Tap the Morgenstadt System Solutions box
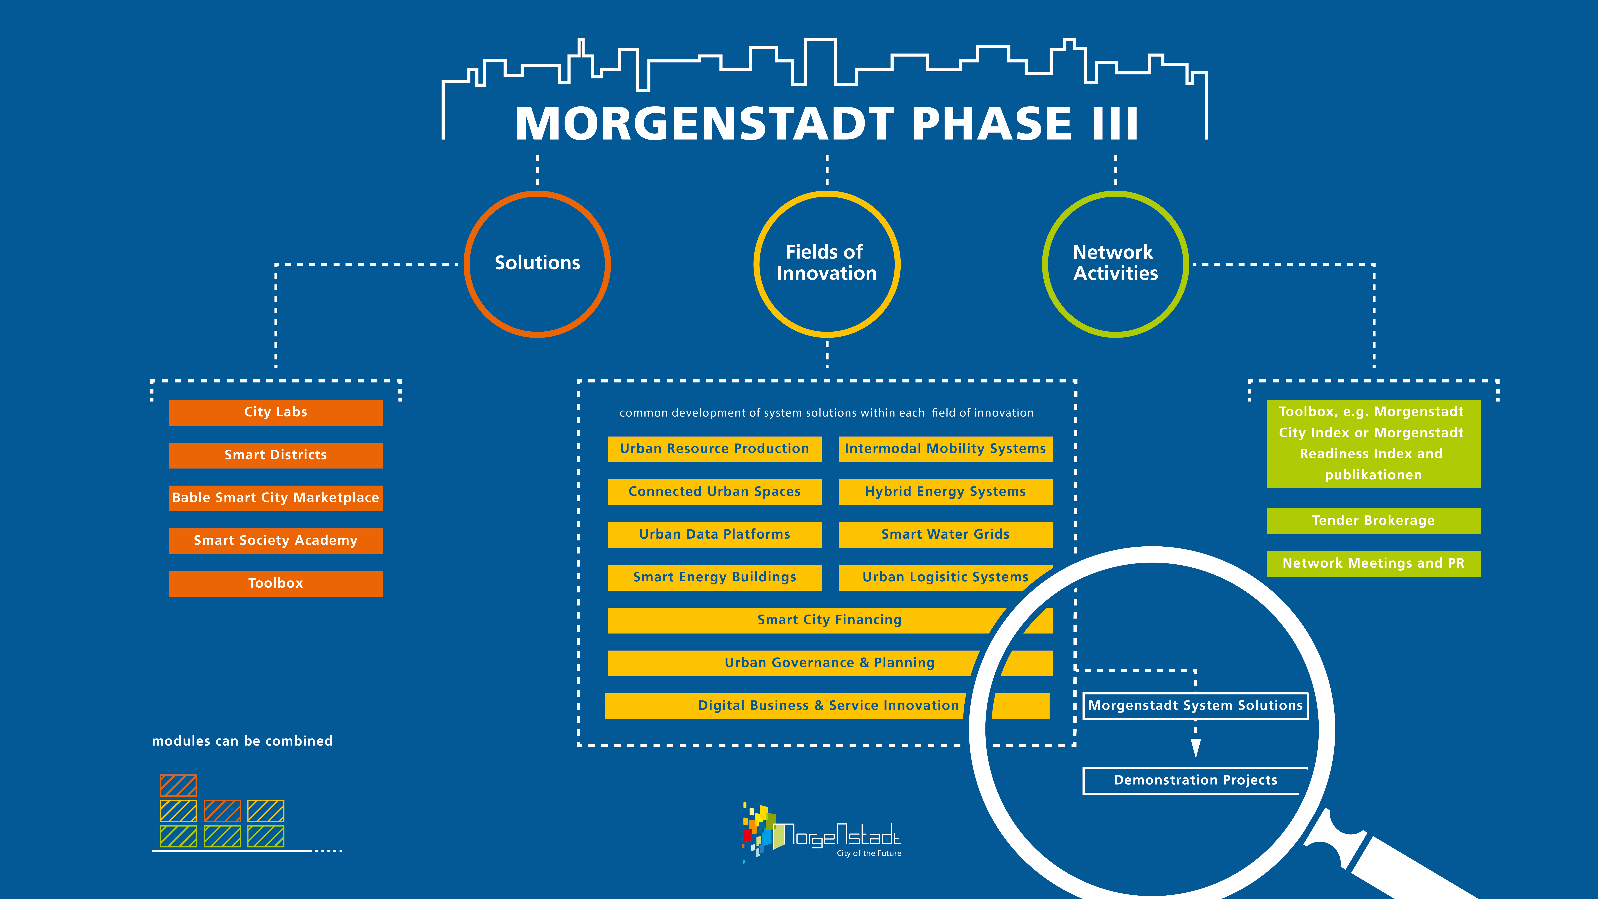click(1195, 706)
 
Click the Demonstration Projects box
click(1195, 781)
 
